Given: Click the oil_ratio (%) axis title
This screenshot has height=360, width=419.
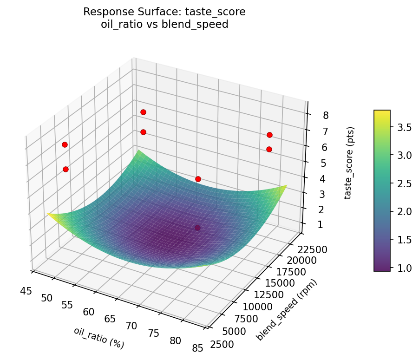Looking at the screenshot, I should pos(99,338).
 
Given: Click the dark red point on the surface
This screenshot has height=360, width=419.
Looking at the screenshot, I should pos(198,228).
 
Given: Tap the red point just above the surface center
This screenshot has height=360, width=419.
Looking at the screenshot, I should pos(198,179).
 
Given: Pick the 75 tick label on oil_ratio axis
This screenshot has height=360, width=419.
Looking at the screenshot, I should pos(154,333).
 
